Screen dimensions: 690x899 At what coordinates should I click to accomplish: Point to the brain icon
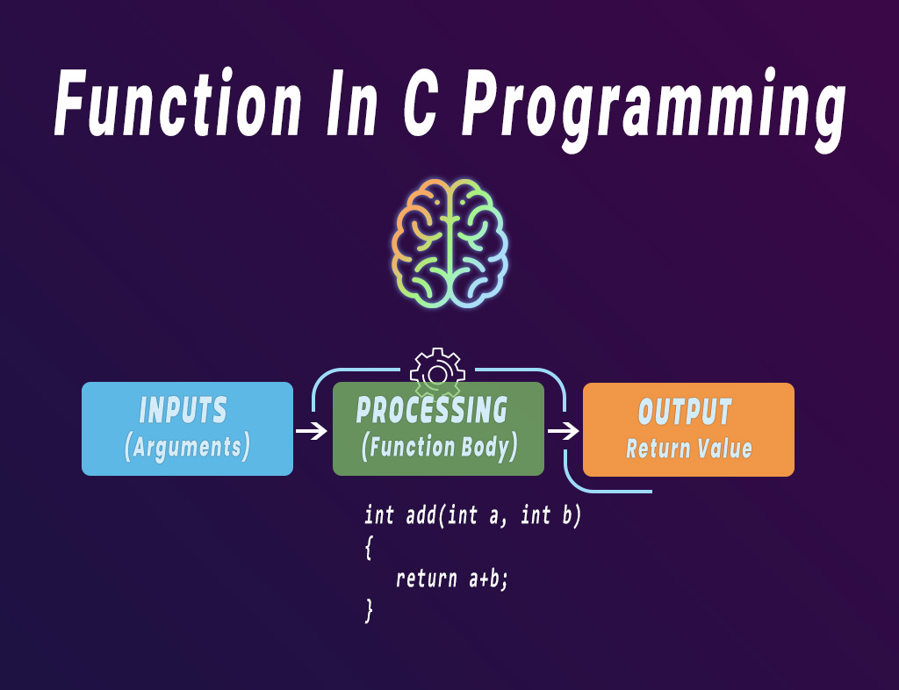(x=449, y=242)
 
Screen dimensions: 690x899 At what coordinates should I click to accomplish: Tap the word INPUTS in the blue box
(x=183, y=411)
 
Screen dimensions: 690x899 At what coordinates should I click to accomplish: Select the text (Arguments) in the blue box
(x=187, y=447)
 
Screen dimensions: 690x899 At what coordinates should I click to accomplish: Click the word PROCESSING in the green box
(x=432, y=410)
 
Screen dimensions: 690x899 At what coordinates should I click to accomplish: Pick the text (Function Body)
(x=439, y=447)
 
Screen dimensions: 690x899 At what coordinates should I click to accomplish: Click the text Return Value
(x=689, y=449)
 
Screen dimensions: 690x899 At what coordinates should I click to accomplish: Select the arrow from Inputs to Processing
(x=312, y=431)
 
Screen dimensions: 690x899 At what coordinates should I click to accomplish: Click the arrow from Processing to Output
(x=564, y=431)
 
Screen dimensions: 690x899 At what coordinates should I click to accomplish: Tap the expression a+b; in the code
(x=487, y=579)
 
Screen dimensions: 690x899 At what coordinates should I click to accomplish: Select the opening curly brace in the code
(x=369, y=548)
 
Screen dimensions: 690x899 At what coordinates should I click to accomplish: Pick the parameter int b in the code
(x=550, y=515)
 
